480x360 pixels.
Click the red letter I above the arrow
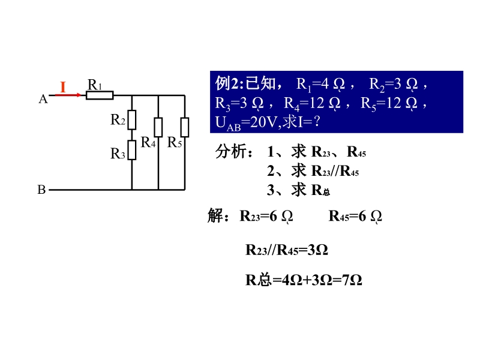coord(63,87)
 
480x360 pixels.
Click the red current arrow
coord(68,95)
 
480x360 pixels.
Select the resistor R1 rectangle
coord(100,95)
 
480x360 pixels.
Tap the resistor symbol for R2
coord(132,119)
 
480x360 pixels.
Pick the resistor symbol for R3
coord(132,150)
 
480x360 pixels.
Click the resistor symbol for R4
coord(158,127)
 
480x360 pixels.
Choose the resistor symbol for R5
coord(185,127)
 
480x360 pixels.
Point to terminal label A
coord(43,99)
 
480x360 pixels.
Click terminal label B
coord(41,190)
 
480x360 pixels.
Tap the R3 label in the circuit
coord(118,154)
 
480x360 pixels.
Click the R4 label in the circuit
coord(148,142)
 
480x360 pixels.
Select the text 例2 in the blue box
coord(229,83)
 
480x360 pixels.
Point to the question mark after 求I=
coord(317,122)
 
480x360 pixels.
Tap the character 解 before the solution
coord(215,215)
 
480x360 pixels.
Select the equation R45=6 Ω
coord(355,217)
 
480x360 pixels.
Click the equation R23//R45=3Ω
coord(287,250)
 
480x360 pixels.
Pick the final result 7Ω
coord(352,280)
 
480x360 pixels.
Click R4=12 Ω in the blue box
coord(312,103)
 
